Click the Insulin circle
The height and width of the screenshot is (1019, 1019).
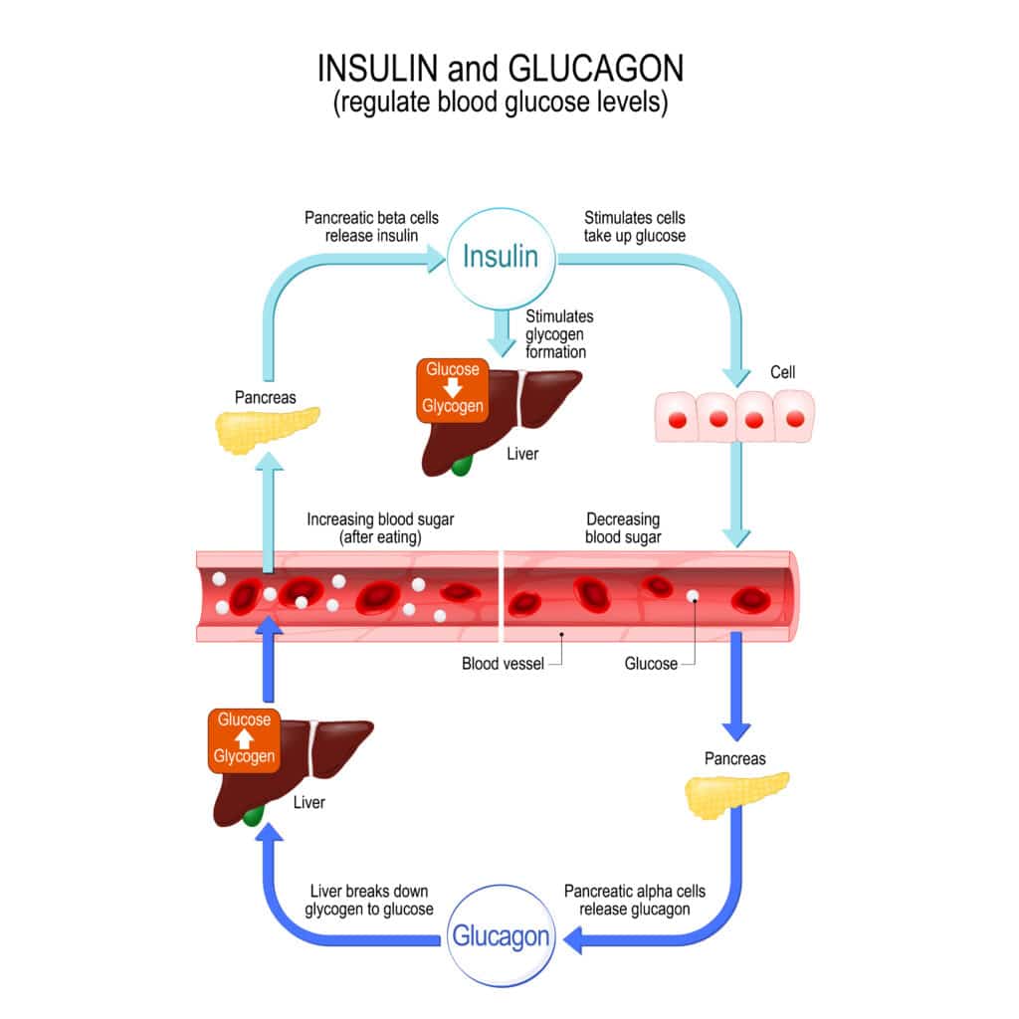coord(501,258)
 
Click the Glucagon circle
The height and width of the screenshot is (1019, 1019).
coord(501,936)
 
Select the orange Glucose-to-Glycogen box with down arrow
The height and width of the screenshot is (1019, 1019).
coord(453,388)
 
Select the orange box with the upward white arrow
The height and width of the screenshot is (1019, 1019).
coord(244,738)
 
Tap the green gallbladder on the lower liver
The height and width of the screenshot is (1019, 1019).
coord(255,816)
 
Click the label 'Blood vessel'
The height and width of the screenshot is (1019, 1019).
coord(503,664)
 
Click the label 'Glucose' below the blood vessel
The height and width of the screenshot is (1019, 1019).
coord(651,664)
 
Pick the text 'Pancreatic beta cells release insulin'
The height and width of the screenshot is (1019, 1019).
coord(371,226)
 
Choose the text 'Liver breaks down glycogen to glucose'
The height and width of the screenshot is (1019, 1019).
coord(371,900)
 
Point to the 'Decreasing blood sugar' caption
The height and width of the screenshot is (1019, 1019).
coord(623,527)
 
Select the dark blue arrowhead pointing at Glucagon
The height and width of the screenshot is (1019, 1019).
coord(573,937)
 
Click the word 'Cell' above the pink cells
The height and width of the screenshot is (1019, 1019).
coord(783,372)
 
